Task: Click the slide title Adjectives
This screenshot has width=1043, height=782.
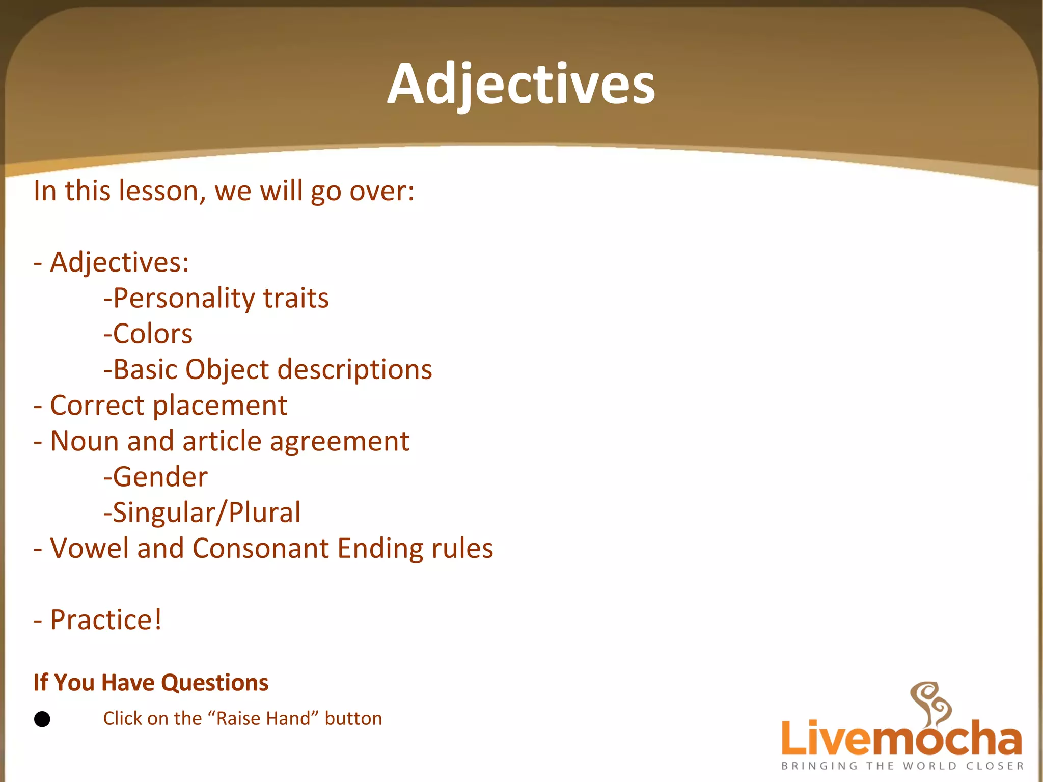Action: tap(521, 84)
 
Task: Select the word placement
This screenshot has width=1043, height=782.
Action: tap(220, 406)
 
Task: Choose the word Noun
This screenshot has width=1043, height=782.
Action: tap(85, 441)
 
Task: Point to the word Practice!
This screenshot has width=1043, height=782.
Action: tap(106, 620)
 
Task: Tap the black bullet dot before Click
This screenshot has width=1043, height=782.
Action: tap(42, 719)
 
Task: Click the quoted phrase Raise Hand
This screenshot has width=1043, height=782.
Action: tap(264, 718)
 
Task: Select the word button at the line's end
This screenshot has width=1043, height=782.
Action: tap(353, 718)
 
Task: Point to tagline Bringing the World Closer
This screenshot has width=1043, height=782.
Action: tap(902, 766)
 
